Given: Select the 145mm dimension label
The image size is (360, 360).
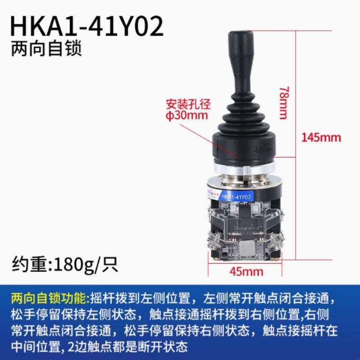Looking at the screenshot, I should pyautogui.click(x=321, y=137).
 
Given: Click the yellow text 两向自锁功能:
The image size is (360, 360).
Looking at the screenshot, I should pyautogui.click(x=50, y=298).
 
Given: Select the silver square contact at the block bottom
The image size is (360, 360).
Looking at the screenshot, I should pyautogui.click(x=246, y=248).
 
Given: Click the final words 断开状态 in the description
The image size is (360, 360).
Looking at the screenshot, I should pyautogui.click(x=171, y=347).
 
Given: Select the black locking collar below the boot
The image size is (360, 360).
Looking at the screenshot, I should pyautogui.click(x=243, y=146).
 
